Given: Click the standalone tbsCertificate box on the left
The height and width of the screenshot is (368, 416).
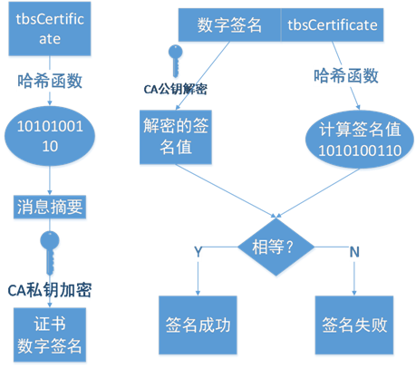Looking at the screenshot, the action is pyautogui.click(x=50, y=29).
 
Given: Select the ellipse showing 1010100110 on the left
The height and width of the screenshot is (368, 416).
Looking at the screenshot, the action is pyautogui.click(x=50, y=136).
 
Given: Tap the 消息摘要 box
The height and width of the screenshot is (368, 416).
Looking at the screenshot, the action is pyautogui.click(x=50, y=207).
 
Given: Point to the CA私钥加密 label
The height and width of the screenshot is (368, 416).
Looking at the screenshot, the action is pyautogui.click(x=50, y=290).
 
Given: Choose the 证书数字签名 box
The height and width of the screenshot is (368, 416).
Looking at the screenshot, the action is pyautogui.click(x=50, y=334).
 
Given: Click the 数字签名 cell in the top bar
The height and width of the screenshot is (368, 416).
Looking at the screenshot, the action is pyautogui.click(x=229, y=24).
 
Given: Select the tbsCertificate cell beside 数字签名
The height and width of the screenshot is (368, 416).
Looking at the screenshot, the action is pyautogui.click(x=333, y=24).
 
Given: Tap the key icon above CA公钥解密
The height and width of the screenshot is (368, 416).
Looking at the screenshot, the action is pyautogui.click(x=175, y=62).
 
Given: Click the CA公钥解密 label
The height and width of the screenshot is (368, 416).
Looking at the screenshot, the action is pyautogui.click(x=176, y=89).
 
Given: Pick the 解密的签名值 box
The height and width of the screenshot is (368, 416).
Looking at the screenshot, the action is pyautogui.click(x=176, y=137).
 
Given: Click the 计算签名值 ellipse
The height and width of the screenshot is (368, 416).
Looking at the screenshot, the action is pyautogui.click(x=360, y=140).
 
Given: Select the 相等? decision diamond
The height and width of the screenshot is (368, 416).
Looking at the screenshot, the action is pyautogui.click(x=276, y=247).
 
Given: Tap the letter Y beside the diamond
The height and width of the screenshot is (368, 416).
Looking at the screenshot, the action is pyautogui.click(x=198, y=251).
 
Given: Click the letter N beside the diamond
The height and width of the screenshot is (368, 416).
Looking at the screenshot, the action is pyautogui.click(x=354, y=252).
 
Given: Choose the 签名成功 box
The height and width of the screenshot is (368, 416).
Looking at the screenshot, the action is pyautogui.click(x=198, y=324).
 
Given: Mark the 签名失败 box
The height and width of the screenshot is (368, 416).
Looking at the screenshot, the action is pyautogui.click(x=354, y=324).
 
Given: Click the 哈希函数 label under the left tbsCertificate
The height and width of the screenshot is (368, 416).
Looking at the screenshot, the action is pyautogui.click(x=50, y=81).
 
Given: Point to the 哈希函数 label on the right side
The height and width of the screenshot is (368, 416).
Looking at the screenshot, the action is pyautogui.click(x=346, y=75).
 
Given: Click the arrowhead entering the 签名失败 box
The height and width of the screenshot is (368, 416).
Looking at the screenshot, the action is pyautogui.click(x=354, y=293).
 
